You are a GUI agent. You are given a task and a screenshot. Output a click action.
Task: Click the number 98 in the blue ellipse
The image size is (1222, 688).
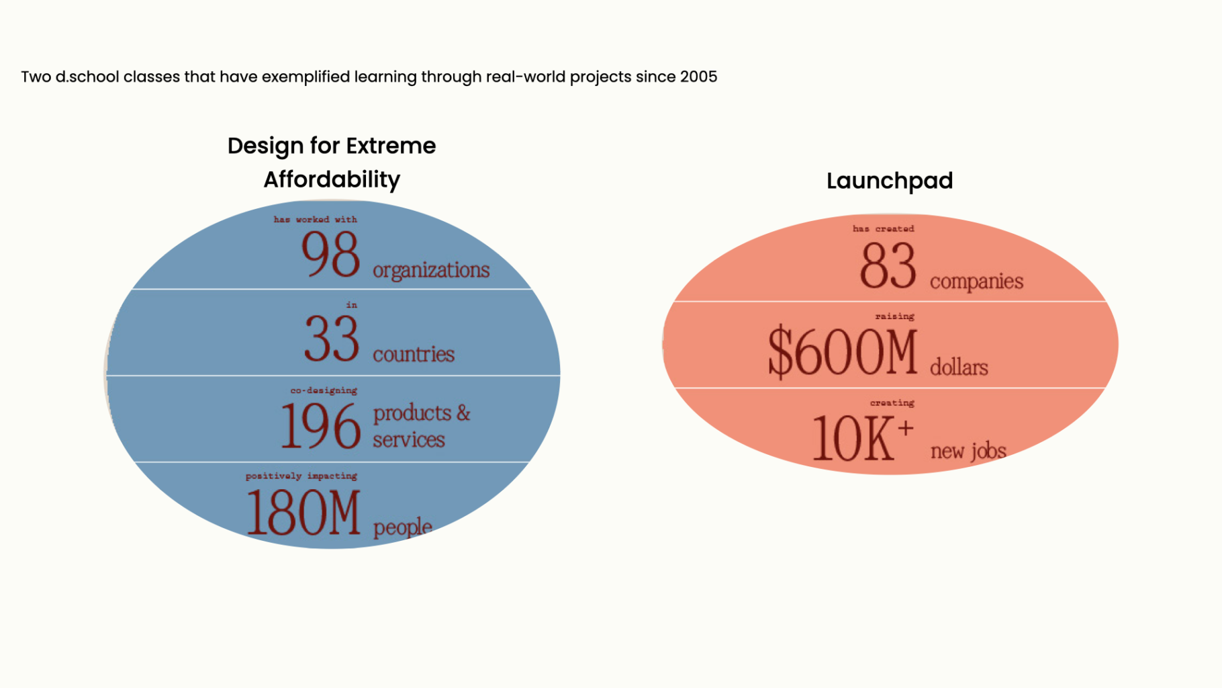pos(330,254)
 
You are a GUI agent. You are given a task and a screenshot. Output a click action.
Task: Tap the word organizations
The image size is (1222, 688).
pos(431,270)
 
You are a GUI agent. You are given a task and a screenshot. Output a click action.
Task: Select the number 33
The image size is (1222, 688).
pos(332,339)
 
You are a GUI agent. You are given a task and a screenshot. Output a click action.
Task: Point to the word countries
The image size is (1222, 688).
pos(414,354)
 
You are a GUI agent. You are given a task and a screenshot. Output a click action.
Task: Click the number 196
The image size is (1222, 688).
pos(320,425)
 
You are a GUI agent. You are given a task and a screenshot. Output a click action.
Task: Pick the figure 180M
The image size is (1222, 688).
pos(303,513)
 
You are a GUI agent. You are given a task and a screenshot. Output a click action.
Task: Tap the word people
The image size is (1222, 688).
pos(402,527)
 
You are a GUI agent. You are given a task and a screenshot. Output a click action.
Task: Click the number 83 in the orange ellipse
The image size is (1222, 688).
pos(888,265)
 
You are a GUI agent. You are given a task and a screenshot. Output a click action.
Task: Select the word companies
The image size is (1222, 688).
pos(976,281)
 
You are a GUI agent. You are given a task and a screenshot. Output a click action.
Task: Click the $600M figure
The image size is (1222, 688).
pos(843,351)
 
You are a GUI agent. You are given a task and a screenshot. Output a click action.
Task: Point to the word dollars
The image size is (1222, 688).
pos(959,368)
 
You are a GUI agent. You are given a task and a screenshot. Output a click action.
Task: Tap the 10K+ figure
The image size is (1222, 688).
pos(862,437)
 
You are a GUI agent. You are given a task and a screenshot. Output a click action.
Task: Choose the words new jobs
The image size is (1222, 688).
pos(968,451)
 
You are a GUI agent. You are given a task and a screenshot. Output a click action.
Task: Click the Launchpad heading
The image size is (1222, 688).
pos(890,181)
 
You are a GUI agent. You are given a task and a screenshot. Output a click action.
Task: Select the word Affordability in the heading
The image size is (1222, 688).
pos(332,179)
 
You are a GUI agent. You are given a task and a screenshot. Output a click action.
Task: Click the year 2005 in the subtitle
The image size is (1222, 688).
pos(698,77)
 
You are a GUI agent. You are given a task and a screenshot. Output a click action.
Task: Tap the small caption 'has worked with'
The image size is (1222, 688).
pos(315,220)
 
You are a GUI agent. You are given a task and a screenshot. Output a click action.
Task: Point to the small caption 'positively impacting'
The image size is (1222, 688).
pos(301,476)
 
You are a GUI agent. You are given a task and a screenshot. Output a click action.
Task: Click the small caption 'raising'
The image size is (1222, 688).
pos(894,316)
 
